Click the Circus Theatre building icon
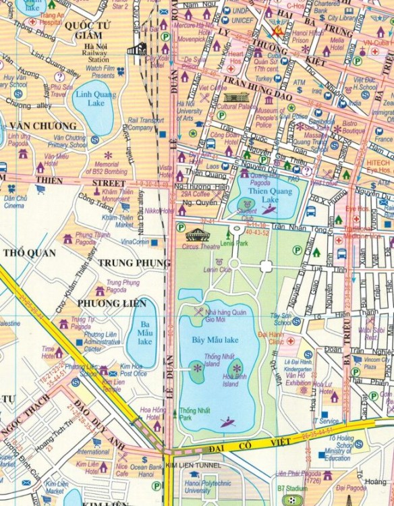(x=197, y=234)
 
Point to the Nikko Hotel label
(x=157, y=210)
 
